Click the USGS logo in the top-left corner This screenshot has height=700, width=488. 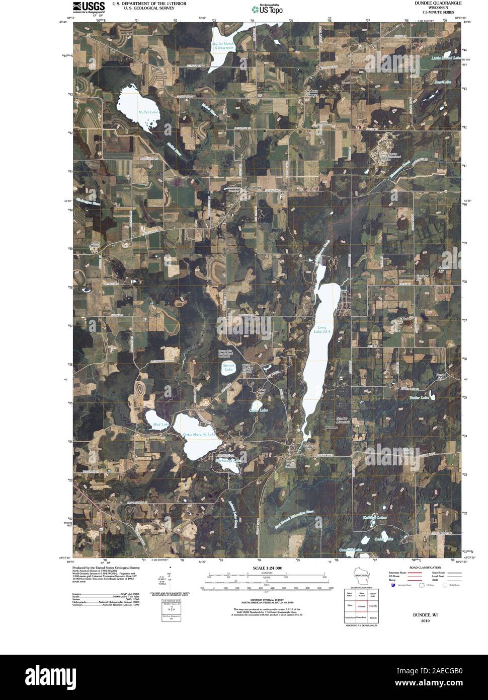[89, 7]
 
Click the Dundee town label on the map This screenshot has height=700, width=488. [331, 427]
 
